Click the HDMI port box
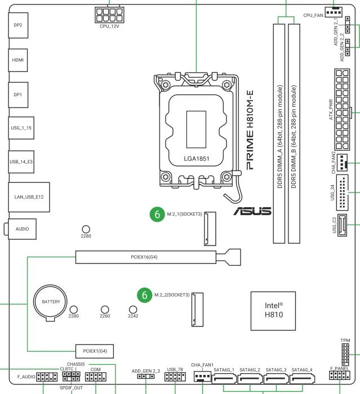coord(18,60)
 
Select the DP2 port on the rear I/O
coord(18,25)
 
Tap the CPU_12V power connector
coord(109,15)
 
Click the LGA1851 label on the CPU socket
coord(197,159)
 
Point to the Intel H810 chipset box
coord(273,311)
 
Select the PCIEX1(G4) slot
coord(95,351)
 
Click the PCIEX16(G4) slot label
coord(144,257)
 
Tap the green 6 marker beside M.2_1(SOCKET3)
coord(157,214)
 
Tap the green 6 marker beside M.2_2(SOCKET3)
coord(145,295)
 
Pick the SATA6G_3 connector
coord(276,378)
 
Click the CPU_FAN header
coord(334,12)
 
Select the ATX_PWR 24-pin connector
coord(342,110)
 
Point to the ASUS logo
coord(252,211)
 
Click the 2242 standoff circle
coord(133,310)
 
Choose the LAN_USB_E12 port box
coord(29,197)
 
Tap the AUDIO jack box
coord(22,229)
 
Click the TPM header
coord(345,355)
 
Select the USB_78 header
coord(175,377)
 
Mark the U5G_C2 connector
coord(342,225)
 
